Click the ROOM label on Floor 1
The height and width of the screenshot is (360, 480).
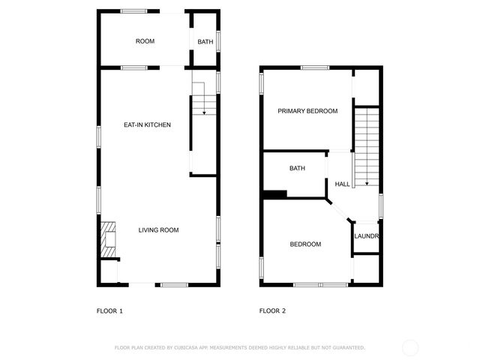(x=145, y=41)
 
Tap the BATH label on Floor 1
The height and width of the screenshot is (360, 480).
(x=205, y=41)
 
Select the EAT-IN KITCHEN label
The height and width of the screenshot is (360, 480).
(x=148, y=124)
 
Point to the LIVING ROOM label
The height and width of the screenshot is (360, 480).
(x=158, y=230)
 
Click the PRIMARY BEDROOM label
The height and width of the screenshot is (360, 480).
(x=307, y=111)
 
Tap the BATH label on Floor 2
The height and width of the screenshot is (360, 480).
(x=297, y=169)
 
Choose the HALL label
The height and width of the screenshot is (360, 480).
(x=342, y=184)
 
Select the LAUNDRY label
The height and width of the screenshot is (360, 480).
(x=367, y=237)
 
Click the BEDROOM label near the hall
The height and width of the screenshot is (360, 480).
(x=306, y=244)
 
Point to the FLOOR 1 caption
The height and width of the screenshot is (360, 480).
(x=109, y=310)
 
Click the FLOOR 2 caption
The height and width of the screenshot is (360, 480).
(x=272, y=310)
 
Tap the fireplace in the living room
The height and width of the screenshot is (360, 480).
(x=109, y=239)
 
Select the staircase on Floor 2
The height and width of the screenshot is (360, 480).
(x=367, y=146)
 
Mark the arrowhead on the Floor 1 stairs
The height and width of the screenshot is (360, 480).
(x=204, y=112)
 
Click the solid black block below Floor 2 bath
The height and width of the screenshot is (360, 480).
(x=275, y=195)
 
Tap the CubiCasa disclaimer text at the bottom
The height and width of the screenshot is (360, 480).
(x=240, y=347)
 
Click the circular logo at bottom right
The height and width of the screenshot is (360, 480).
(x=410, y=347)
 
